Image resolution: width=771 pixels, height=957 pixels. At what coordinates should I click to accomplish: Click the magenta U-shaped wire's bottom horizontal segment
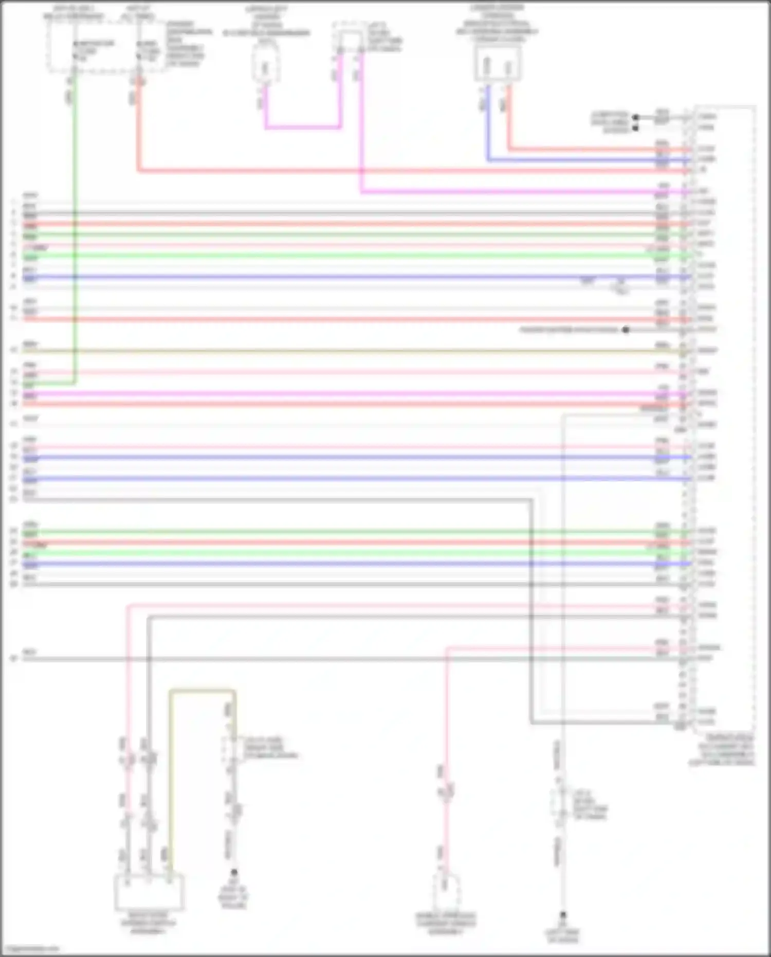point(302,127)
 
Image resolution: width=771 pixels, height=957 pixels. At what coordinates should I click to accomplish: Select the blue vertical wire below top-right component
point(488,123)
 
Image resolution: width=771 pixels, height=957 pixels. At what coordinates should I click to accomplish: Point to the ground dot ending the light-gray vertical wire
point(563,915)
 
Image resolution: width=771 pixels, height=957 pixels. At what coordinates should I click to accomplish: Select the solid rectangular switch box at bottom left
point(149,892)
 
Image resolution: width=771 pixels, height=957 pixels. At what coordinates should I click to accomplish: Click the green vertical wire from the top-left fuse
point(75,231)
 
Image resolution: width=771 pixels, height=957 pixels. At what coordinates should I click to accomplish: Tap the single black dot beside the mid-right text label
point(626,330)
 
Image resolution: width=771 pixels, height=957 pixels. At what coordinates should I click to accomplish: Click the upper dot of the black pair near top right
point(635,117)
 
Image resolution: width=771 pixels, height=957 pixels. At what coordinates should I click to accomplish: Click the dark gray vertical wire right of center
point(531,617)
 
